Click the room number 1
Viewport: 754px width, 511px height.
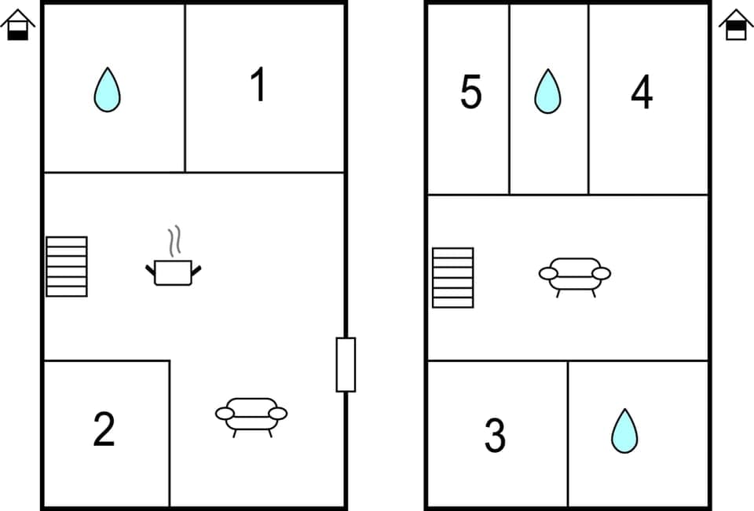(258, 86)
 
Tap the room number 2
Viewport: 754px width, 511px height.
(104, 429)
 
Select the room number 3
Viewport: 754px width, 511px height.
(495, 436)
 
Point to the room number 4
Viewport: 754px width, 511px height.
(642, 93)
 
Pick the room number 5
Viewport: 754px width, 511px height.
(470, 93)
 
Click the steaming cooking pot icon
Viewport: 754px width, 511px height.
(174, 272)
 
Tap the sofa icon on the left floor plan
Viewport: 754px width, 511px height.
(251, 414)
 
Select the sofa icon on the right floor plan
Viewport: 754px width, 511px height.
(574, 275)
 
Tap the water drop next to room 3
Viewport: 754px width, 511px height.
(624, 431)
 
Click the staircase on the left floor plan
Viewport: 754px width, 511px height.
(67, 266)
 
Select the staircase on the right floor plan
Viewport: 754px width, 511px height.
(453, 277)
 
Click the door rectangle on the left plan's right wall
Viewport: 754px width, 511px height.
(346, 364)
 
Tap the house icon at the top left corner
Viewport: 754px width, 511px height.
(17, 26)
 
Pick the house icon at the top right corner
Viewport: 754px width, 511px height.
(736, 26)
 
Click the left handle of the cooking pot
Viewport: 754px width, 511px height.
(150, 270)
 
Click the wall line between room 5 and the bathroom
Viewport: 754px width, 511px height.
(509, 98)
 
